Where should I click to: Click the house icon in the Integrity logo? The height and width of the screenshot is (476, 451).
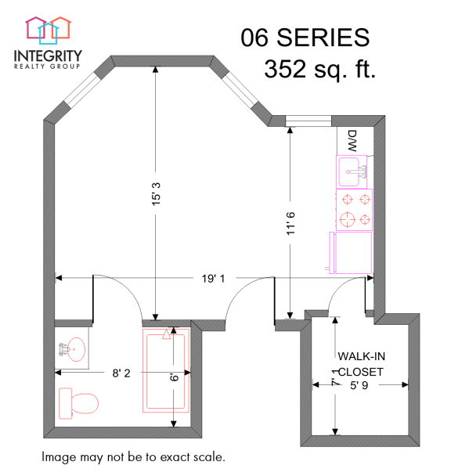[x=48, y=29]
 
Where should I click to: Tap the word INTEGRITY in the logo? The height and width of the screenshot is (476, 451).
[x=48, y=56]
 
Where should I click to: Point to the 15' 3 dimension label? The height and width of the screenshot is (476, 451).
[x=155, y=188]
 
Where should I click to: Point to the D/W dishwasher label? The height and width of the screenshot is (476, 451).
[x=352, y=141]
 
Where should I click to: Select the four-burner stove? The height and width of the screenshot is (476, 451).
[x=355, y=209]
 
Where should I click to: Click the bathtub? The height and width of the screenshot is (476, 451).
[x=165, y=370]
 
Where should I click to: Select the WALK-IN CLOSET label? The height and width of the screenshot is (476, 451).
[x=361, y=363]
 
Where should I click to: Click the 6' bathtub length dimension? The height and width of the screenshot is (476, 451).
[x=175, y=377]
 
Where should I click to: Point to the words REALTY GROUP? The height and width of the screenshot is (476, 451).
[x=48, y=67]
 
